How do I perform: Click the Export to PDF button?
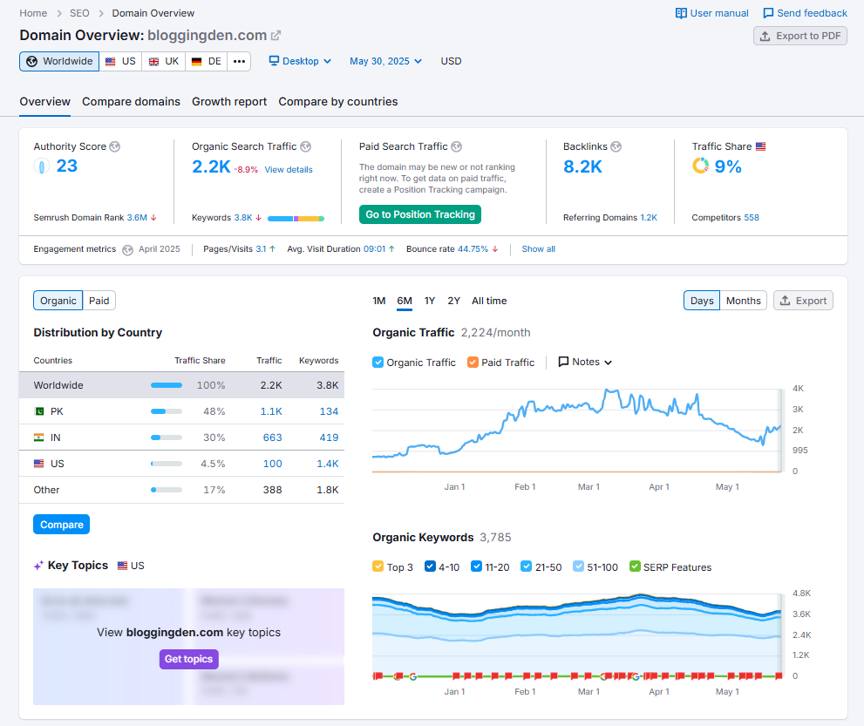(x=800, y=36)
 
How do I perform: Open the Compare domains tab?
(x=131, y=102)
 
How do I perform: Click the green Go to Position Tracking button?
(x=419, y=214)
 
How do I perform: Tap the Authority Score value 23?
(x=67, y=166)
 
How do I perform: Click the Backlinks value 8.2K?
(x=582, y=166)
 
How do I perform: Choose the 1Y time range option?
(x=430, y=301)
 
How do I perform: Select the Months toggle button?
(x=743, y=301)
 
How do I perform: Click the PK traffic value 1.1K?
(x=271, y=411)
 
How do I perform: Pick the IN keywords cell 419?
(x=329, y=438)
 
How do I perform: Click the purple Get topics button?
(x=188, y=659)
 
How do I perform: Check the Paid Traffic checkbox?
(x=473, y=363)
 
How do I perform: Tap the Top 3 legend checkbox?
(x=378, y=567)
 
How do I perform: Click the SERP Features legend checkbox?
(x=635, y=567)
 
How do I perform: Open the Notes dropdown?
(x=585, y=362)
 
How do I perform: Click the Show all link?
(x=538, y=249)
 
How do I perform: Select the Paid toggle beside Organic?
(x=99, y=301)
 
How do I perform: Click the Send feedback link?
(x=805, y=13)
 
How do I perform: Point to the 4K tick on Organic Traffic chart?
(x=798, y=388)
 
